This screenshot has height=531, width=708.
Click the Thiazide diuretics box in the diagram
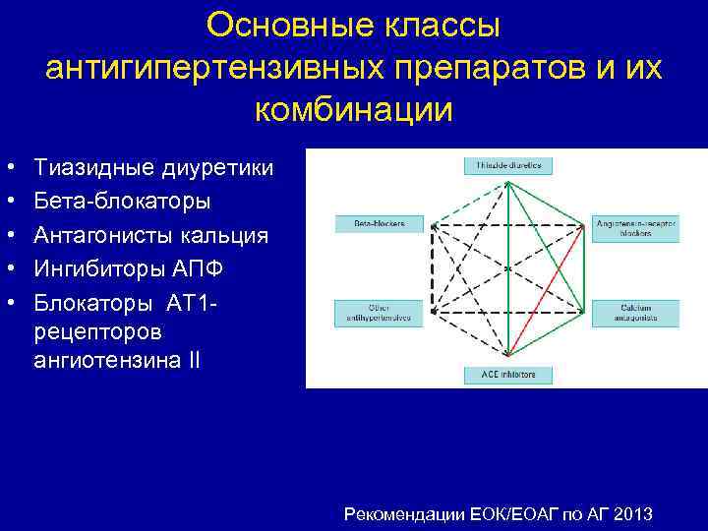pos(507,164)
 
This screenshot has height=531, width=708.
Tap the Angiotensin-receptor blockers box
pos(635,227)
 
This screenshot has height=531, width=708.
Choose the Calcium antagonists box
pos(635,312)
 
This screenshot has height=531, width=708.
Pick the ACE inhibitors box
pos(507,375)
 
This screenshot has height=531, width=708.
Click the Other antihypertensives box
pos(371,312)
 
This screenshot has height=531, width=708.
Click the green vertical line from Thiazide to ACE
pos(507,265)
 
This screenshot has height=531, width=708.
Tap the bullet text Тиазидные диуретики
pos(153,168)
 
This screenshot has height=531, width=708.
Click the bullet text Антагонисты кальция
pos(150,234)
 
